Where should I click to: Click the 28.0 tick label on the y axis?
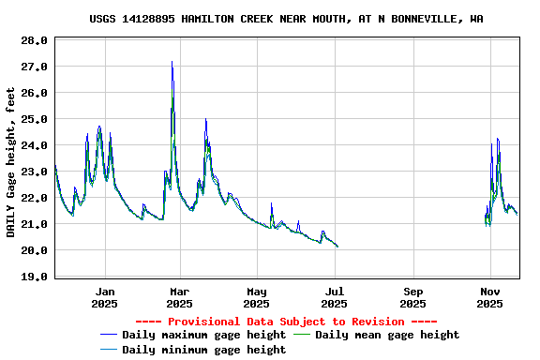click(x=35, y=40)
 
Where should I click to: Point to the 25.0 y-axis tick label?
click(x=35, y=119)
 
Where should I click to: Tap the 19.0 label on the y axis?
click(x=35, y=277)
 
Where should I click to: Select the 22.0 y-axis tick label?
click(x=35, y=198)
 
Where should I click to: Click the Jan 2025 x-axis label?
click(x=105, y=297)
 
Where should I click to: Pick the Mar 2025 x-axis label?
click(x=179, y=297)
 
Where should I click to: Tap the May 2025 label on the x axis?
click(x=257, y=297)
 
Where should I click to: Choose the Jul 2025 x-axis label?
click(x=335, y=297)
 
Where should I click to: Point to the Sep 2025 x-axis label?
click(x=412, y=297)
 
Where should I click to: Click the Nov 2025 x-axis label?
click(x=489, y=297)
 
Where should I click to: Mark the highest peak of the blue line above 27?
click(x=172, y=62)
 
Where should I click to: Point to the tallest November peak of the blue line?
click(x=498, y=139)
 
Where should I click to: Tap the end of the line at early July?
click(x=337, y=247)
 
